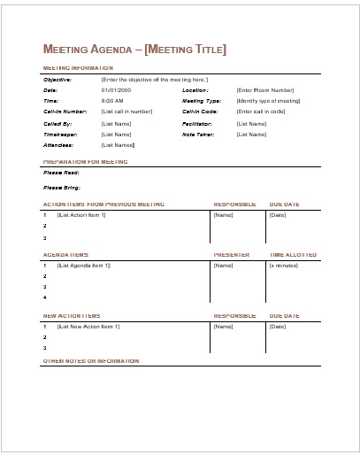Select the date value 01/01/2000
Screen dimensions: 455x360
[x=116, y=90]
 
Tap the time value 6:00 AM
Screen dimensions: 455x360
[x=112, y=101]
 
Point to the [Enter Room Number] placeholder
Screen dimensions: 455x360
[x=264, y=90]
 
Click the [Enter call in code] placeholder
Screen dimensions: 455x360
[x=261, y=112]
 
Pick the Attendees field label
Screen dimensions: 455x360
[x=57, y=144]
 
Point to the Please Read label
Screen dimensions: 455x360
[x=60, y=174]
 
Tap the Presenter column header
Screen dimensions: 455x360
[x=232, y=255]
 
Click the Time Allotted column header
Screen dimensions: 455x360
[x=293, y=255]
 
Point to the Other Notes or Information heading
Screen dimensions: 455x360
[x=91, y=361]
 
